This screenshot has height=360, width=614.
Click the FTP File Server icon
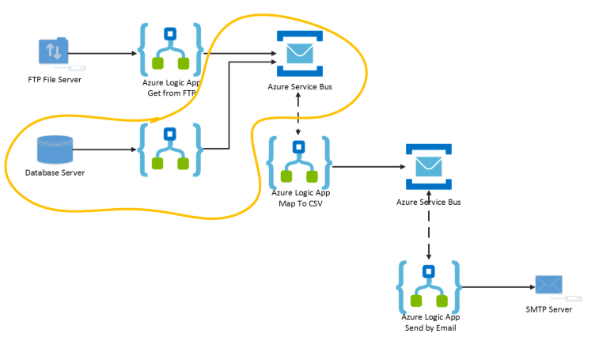pyautogui.click(x=54, y=53)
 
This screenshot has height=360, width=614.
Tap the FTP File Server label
pyautogui.click(x=54, y=79)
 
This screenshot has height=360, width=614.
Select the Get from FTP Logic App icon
pyautogui.click(x=171, y=50)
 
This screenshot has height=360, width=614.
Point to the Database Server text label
pyautogui.click(x=55, y=172)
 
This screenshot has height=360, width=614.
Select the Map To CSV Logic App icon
pyautogui.click(x=299, y=161)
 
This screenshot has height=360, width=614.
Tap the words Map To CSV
pyautogui.click(x=299, y=203)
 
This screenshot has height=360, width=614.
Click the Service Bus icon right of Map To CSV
pyautogui.click(x=428, y=167)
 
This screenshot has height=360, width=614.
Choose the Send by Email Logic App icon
pyautogui.click(x=429, y=286)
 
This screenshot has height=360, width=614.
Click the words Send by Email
pyautogui.click(x=428, y=327)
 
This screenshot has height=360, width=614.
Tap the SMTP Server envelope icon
pyautogui.click(x=548, y=285)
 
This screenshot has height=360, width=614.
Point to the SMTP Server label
pyautogui.click(x=548, y=309)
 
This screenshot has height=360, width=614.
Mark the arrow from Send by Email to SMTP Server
pyautogui.click(x=494, y=286)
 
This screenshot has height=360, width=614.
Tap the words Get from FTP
pyautogui.click(x=171, y=93)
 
